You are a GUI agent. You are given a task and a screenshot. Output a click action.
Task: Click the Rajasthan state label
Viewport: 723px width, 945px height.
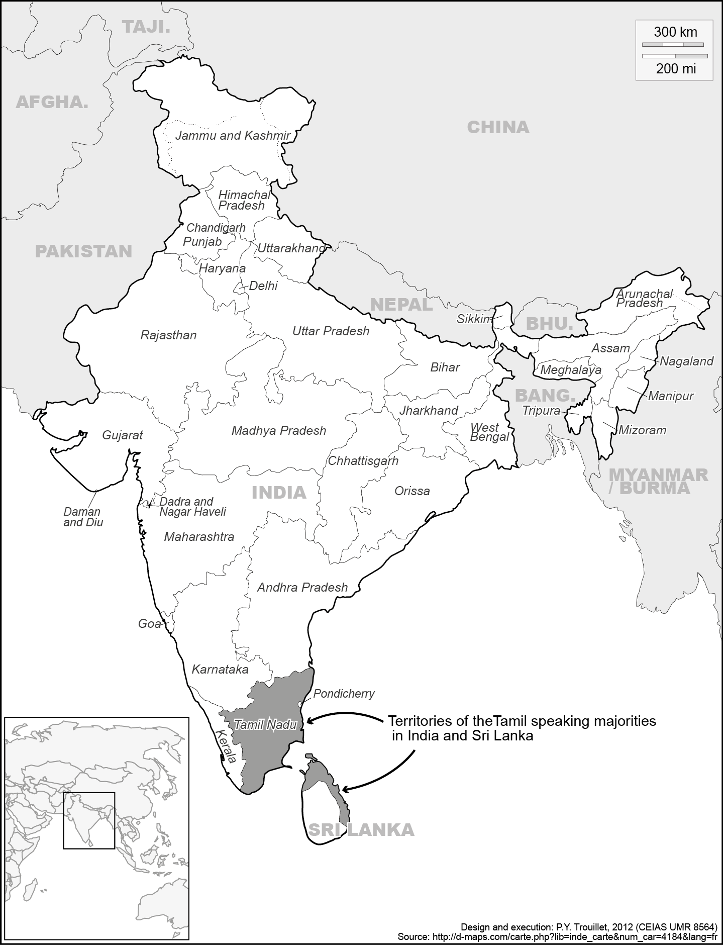[168, 335]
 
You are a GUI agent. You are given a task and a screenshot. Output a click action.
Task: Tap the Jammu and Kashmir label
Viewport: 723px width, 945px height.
[233, 136]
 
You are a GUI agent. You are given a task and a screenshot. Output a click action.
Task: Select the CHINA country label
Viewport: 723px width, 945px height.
[498, 127]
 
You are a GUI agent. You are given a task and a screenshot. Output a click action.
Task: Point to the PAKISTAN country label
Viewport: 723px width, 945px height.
[83, 251]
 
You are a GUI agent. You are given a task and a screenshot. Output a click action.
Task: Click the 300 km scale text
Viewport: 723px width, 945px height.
[675, 32]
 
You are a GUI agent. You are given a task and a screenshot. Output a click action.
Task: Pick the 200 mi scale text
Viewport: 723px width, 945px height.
[676, 69]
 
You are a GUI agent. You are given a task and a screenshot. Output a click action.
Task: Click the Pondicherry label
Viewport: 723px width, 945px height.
[344, 694]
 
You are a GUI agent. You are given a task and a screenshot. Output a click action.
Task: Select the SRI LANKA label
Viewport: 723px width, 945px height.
[361, 830]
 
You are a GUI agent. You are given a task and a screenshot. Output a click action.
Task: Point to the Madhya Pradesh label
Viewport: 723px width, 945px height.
[279, 431]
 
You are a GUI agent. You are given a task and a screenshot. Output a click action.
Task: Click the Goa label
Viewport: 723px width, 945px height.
[149, 624]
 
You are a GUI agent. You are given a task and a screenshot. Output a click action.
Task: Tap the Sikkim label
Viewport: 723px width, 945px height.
[474, 319]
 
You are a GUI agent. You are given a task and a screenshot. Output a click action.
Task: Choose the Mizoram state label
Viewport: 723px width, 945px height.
[642, 430]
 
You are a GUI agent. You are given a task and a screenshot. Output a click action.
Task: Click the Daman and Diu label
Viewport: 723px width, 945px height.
[82, 517]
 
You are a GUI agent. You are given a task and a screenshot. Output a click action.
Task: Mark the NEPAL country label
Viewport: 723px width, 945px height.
[401, 305]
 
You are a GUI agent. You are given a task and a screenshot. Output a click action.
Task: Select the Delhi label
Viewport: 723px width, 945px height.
[263, 286]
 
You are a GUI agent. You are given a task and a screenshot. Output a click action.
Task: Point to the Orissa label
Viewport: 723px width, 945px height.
[412, 491]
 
